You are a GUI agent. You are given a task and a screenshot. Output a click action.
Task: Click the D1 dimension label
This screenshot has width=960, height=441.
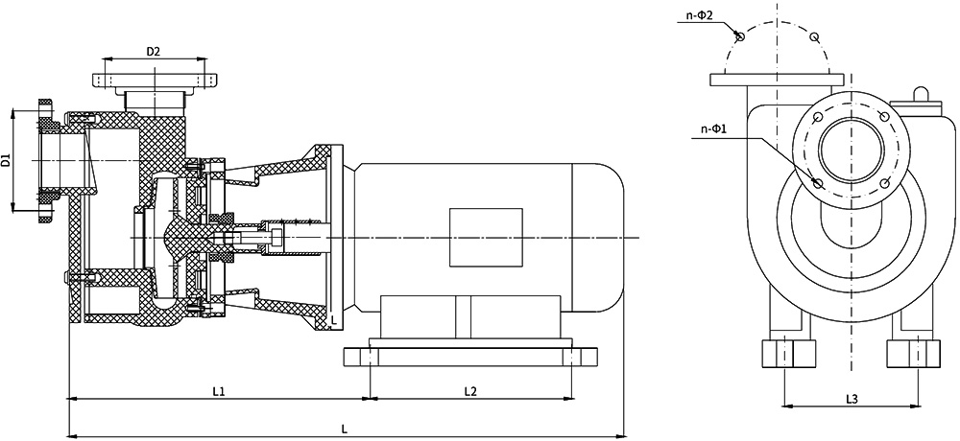click(6, 161)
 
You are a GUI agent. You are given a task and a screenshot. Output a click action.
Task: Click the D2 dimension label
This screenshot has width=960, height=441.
click(153, 52)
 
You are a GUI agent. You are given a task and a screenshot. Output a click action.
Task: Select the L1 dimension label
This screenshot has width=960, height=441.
click(219, 391)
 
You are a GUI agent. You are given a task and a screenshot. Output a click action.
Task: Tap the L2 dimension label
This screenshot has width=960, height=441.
click(470, 391)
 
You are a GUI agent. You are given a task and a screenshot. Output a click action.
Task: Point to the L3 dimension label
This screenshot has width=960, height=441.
click(852, 399)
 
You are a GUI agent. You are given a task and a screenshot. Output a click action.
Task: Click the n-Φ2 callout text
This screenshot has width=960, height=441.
click(699, 15)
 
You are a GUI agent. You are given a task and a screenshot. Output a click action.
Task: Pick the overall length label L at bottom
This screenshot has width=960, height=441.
click(344, 429)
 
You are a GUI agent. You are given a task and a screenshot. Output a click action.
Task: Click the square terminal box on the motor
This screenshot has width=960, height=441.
click(486, 238)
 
